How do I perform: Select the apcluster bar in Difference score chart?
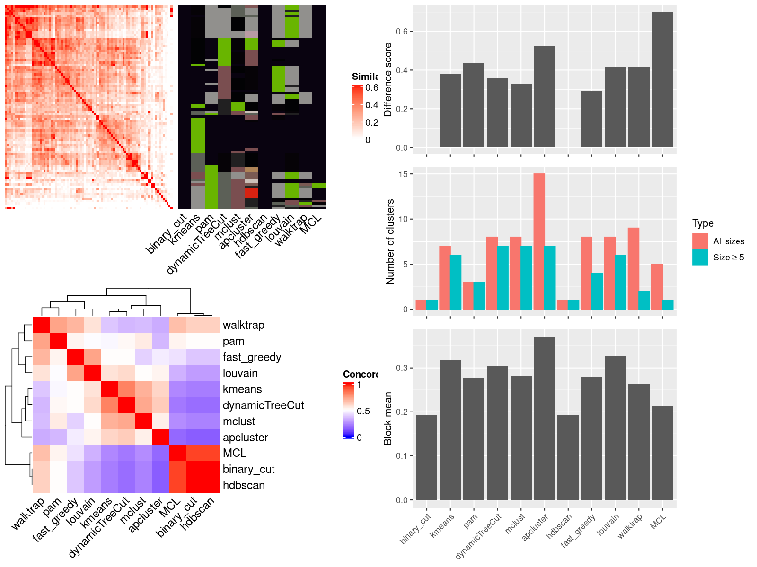pos(544,97)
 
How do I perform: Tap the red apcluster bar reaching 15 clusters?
pos(539,241)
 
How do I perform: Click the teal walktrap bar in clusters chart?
pos(644,301)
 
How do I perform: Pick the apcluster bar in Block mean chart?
pos(544,419)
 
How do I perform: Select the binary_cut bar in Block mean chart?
pos(426,457)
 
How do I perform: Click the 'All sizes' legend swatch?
pos(700,241)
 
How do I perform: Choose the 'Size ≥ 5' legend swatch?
pos(700,257)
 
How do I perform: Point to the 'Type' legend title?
pos(703,223)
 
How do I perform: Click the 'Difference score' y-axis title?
pos(388,79)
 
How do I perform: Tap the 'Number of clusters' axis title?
pos(390,241)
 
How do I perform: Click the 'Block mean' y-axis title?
pos(388,418)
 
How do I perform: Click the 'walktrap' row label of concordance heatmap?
pos(243,325)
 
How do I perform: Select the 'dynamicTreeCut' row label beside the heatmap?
pos(263,405)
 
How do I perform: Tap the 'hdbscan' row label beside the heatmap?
pos(243,485)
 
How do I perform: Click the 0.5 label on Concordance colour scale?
pos(363,411)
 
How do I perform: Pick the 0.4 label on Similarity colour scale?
pos(371,105)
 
